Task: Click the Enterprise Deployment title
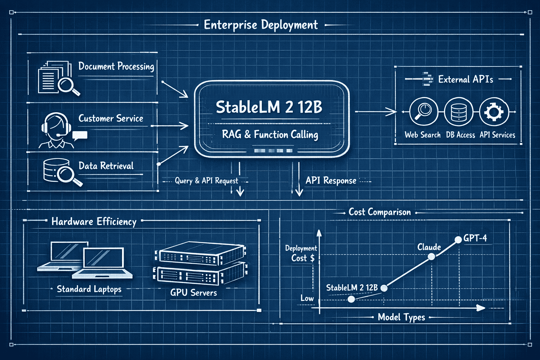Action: point(261,25)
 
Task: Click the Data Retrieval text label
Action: point(106,166)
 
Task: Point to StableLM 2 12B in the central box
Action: point(269,107)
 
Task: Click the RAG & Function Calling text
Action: point(270,135)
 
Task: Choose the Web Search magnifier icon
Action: point(423,111)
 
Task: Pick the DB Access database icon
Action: point(458,111)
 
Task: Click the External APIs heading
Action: point(465,79)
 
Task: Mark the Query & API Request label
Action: point(206,181)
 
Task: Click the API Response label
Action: point(331,181)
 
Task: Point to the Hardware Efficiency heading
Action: point(94,221)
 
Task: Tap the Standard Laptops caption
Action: point(89,289)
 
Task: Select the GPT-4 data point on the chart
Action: point(458,240)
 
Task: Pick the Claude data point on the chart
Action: point(431,257)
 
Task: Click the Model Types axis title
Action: point(401,317)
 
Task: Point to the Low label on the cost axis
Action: point(307,298)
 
